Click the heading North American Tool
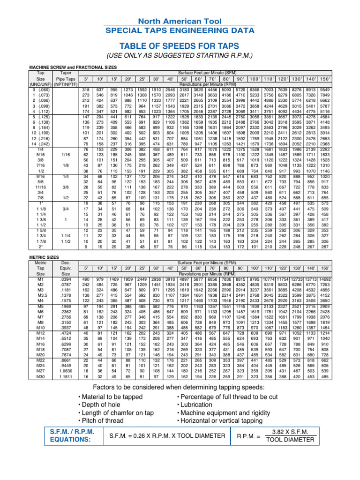click(180, 21)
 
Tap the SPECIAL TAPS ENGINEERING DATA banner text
click(180, 30)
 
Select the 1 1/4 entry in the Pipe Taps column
click(66, 235)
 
